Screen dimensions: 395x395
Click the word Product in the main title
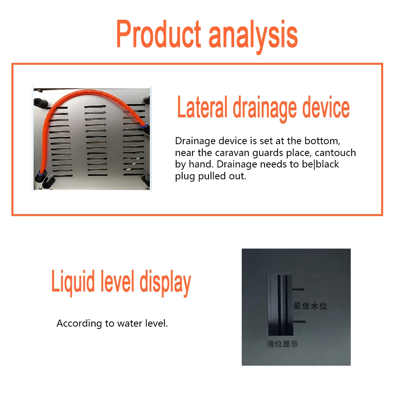[x=159, y=34]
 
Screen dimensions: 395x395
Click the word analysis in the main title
[x=253, y=36]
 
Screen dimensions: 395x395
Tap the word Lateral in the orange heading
[x=202, y=107]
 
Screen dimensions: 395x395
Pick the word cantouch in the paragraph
[x=335, y=152]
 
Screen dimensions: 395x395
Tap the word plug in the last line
[x=185, y=176]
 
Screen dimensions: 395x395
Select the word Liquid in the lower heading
[x=73, y=282]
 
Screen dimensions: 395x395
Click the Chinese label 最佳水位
[x=310, y=306]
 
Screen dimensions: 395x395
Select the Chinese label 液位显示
[x=282, y=344]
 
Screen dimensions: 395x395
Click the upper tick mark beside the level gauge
[x=298, y=290]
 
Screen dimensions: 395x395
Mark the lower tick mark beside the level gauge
[x=299, y=322]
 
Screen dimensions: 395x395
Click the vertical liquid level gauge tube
[x=280, y=305]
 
